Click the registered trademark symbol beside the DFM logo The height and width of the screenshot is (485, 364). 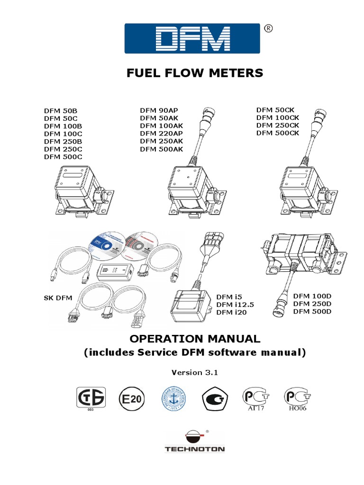[x=268, y=30]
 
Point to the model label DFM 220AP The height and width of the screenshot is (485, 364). [x=161, y=133]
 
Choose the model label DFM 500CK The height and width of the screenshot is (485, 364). [x=278, y=133]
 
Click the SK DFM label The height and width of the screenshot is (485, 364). [x=57, y=298]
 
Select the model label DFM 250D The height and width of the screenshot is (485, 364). [x=312, y=304]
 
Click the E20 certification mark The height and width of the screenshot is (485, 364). [x=133, y=399]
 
